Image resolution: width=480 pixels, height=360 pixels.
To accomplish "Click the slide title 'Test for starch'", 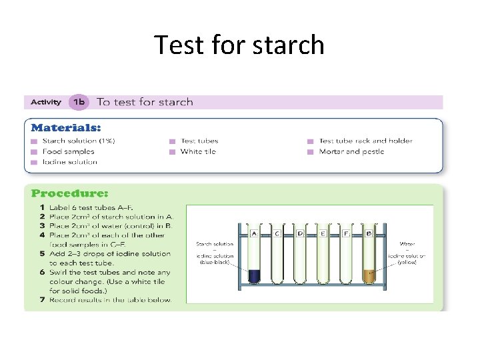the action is [239, 45].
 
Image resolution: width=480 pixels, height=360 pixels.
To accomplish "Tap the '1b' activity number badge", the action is [79, 102].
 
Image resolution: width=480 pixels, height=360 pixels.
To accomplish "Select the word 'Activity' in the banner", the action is [46, 102].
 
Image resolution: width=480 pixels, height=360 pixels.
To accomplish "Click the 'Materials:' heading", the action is [67, 127].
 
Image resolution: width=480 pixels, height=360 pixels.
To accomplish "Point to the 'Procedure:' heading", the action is [69, 193].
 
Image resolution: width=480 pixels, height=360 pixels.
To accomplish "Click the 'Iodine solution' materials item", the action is [69, 162].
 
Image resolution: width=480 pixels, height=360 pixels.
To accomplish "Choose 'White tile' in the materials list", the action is [198, 151].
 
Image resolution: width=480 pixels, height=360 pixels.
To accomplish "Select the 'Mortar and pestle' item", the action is [351, 151].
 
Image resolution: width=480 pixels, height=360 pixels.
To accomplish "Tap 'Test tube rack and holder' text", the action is [365, 141].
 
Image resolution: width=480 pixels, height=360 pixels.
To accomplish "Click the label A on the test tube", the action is [254, 234].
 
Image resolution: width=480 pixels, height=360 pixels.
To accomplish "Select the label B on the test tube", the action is [369, 234].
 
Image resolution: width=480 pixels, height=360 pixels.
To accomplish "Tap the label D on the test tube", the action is [300, 234].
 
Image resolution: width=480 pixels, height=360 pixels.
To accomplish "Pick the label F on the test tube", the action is [346, 234].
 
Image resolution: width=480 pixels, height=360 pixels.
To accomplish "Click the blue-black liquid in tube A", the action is [254, 275].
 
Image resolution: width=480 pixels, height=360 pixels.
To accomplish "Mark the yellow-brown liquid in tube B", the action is [369, 275].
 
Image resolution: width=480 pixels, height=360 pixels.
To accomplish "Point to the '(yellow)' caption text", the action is [407, 263].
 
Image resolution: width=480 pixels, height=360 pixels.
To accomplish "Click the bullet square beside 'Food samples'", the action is [34, 151].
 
